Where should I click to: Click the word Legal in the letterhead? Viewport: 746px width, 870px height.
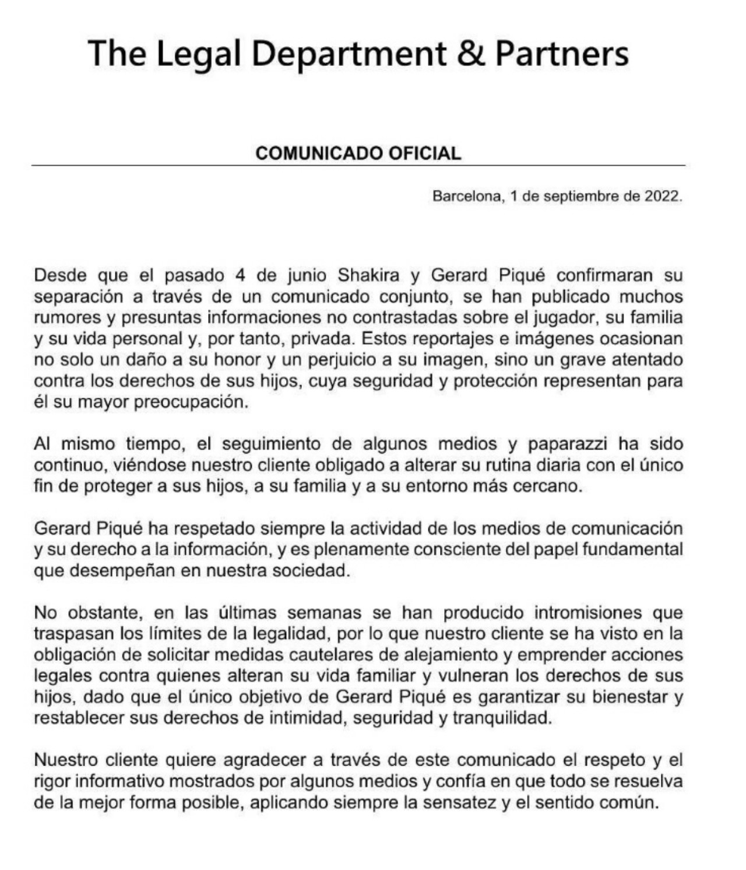pos(199,54)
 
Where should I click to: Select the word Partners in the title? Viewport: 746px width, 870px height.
pos(562,53)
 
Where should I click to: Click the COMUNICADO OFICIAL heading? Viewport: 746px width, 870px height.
pos(358,153)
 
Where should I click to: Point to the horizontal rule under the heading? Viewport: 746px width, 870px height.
pos(358,166)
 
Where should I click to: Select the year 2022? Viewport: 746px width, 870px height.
pos(662,196)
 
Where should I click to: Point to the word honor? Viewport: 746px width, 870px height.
pos(236,360)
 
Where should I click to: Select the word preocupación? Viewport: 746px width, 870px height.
pos(191,402)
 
